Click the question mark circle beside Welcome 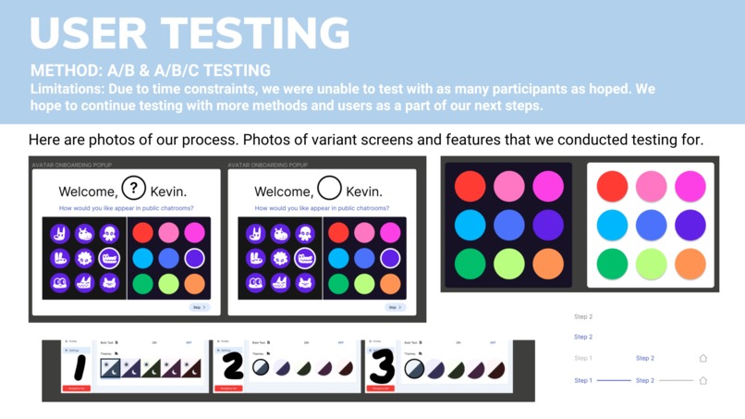pyautogui.click(x=134, y=189)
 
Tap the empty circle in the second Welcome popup pyautogui.click(x=330, y=189)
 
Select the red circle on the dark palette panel pyautogui.click(x=470, y=186)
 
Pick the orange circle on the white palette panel pyautogui.click(x=690, y=264)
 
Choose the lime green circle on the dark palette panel pyautogui.click(x=508, y=264)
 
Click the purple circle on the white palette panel pyautogui.click(x=690, y=225)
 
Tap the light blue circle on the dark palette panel pyautogui.click(x=470, y=225)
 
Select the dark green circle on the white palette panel pyautogui.click(x=612, y=264)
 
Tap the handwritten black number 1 pyautogui.click(x=79, y=366)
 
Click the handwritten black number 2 pyautogui.click(x=232, y=366)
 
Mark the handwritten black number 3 pyautogui.click(x=382, y=366)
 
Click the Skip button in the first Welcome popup pyautogui.click(x=200, y=307)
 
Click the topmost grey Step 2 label pyautogui.click(x=583, y=316)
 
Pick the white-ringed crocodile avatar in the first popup pyautogui.click(x=109, y=258)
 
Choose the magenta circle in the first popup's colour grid pyautogui.click(x=194, y=231)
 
